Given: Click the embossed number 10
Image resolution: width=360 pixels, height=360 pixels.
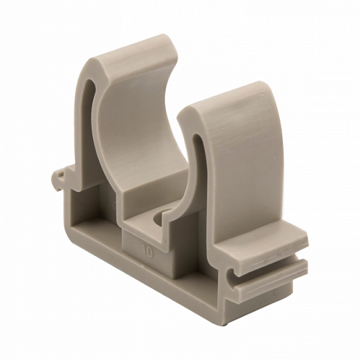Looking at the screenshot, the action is click(x=148, y=252).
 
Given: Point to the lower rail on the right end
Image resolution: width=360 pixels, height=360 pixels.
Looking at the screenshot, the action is click(x=271, y=279).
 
